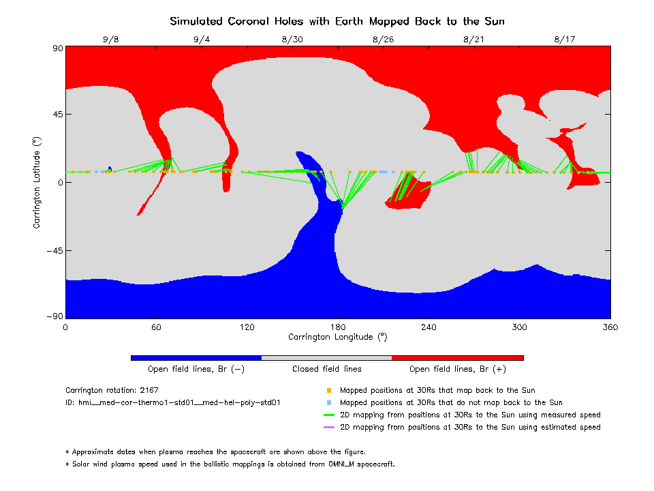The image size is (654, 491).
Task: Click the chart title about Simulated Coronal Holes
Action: [x=337, y=21]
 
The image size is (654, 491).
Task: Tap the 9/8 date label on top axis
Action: [x=110, y=40]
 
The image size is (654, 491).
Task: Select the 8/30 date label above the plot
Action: [x=292, y=40]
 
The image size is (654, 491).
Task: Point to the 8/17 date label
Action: [x=565, y=40]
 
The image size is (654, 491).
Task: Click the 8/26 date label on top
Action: [x=384, y=40]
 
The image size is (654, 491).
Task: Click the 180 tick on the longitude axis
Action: [x=338, y=327]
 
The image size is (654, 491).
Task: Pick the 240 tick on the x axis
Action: [x=429, y=327]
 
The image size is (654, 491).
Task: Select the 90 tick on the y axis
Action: [x=57, y=48]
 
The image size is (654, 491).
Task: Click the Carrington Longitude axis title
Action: [x=337, y=337]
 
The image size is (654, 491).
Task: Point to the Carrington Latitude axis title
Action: [x=37, y=182]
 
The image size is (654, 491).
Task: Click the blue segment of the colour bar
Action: [x=196, y=357]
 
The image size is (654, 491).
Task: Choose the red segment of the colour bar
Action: [x=457, y=357]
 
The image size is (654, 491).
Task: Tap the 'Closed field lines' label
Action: [x=326, y=369]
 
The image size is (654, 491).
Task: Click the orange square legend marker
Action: [x=329, y=391]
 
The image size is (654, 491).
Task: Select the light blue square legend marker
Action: [x=329, y=403]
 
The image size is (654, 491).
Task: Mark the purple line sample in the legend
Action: [x=329, y=428]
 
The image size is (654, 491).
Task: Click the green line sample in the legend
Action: [x=329, y=415]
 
